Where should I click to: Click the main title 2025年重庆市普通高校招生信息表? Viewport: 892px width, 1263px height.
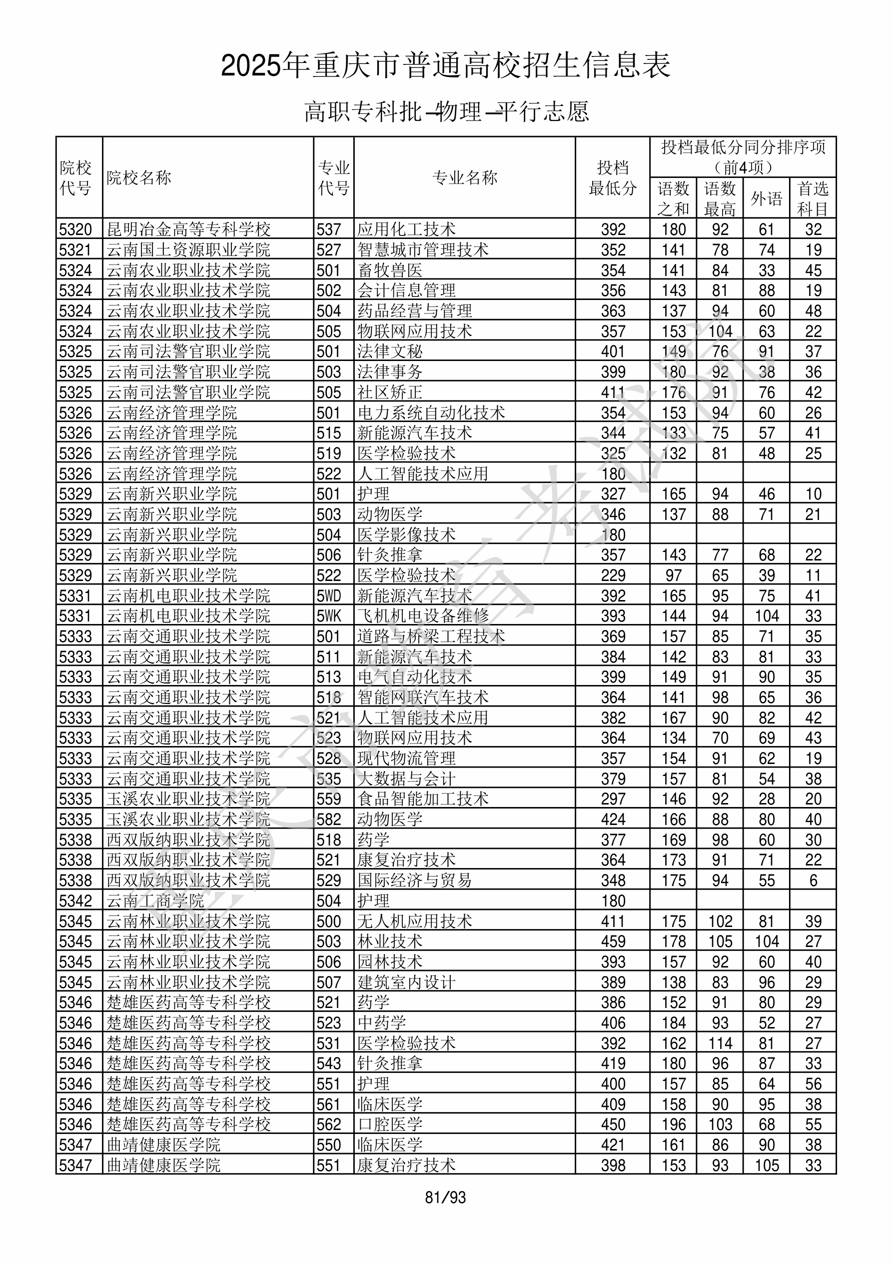pyautogui.click(x=445, y=66)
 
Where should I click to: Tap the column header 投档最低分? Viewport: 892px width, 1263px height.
pyautogui.click(x=612, y=177)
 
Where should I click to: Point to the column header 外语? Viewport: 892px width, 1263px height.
pyautogui.click(x=766, y=198)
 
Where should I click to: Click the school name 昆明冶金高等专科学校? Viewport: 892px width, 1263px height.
pyautogui.click(x=188, y=229)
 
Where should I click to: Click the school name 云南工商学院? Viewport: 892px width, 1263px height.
pyautogui.click(x=155, y=901)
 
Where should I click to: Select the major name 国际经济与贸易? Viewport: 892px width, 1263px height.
pyautogui.click(x=415, y=880)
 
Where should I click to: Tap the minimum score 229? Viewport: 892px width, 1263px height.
pyautogui.click(x=613, y=575)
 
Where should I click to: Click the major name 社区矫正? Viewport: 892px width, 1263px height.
pyautogui.click(x=390, y=392)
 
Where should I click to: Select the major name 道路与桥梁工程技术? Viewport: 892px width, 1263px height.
pyautogui.click(x=431, y=636)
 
